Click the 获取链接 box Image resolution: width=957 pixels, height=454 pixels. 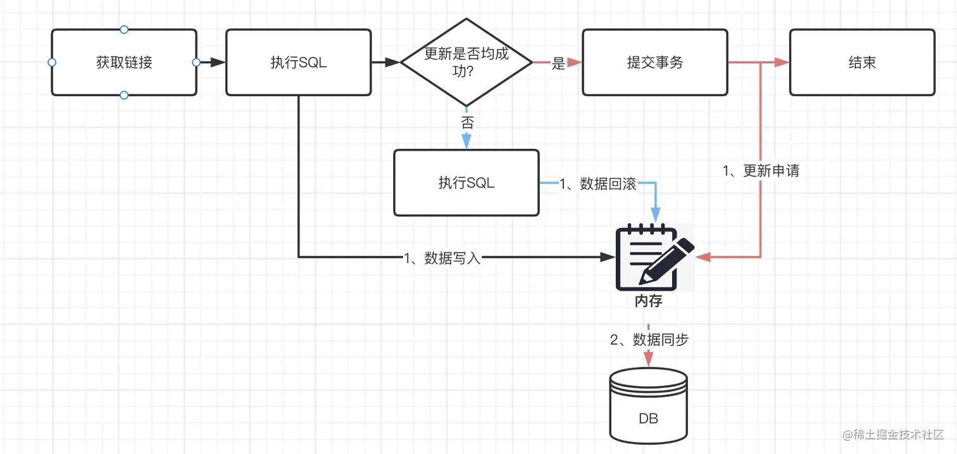click(124, 63)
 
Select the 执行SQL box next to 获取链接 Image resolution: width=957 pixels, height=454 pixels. click(298, 63)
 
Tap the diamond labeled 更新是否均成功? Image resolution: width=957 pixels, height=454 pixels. click(466, 62)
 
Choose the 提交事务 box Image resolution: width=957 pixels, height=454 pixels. click(654, 63)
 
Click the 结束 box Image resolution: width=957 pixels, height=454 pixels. click(862, 63)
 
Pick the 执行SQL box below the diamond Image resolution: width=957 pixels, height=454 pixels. click(466, 183)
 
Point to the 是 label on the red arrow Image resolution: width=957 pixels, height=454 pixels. click(558, 63)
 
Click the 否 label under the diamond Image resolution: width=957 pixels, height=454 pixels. click(466, 123)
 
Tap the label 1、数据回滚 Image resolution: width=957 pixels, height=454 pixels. click(597, 184)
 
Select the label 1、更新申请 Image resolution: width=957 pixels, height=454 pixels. click(761, 171)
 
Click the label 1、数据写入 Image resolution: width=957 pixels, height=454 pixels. click(442, 258)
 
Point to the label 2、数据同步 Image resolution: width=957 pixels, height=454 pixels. click(649, 339)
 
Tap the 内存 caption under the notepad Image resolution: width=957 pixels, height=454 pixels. click(649, 301)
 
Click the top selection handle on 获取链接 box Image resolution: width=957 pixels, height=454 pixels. click(124, 29)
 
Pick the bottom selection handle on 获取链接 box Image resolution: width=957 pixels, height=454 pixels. click(124, 95)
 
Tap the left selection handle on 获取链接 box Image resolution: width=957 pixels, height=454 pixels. click(52, 62)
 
